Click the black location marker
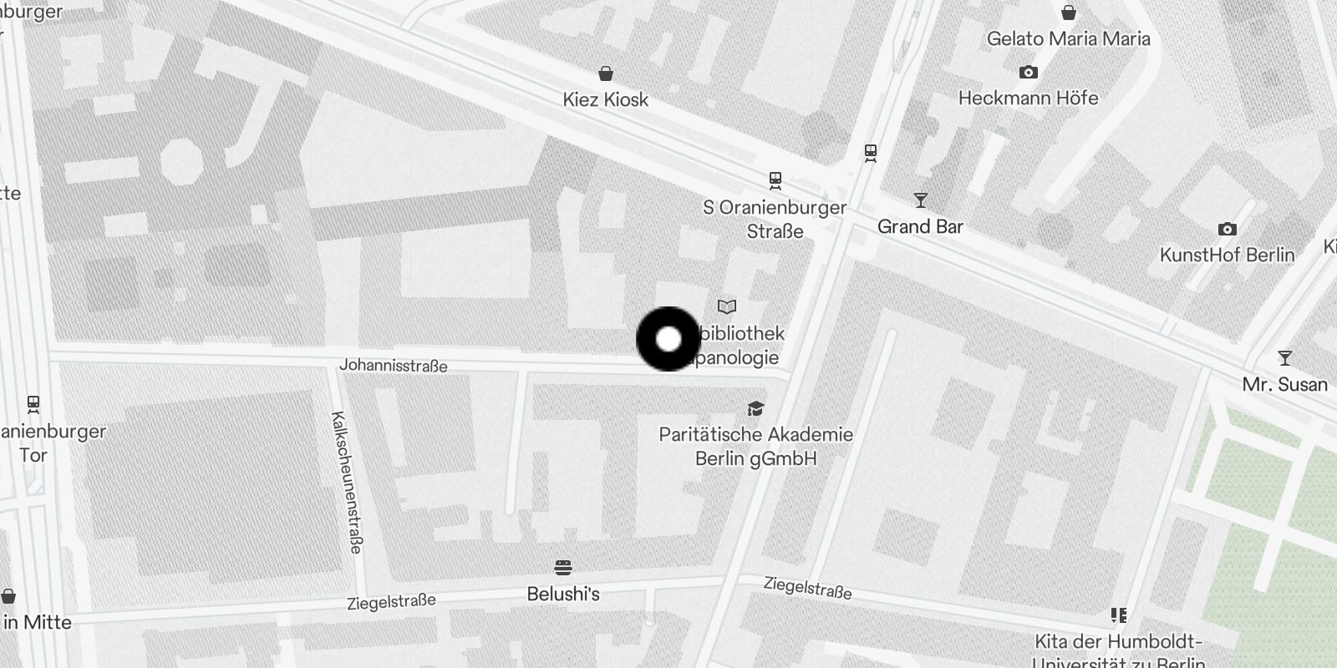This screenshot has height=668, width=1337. (668, 339)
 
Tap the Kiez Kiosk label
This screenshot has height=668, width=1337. (605, 99)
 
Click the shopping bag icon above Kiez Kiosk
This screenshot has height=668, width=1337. (606, 73)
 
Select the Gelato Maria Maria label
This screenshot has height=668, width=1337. (1068, 38)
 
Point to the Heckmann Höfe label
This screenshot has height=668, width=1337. (1028, 98)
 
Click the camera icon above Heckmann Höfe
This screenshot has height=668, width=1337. (1029, 73)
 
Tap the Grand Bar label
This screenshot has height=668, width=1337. (920, 226)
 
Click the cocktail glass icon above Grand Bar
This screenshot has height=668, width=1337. (921, 200)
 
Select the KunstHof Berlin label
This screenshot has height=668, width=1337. (1227, 255)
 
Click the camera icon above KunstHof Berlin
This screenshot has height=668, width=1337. (1227, 229)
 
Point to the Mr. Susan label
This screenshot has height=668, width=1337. (1284, 384)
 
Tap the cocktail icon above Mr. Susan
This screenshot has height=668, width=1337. (1285, 358)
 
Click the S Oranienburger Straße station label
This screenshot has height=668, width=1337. (775, 219)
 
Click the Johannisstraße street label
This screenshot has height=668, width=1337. (394, 366)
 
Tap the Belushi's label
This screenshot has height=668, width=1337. (563, 595)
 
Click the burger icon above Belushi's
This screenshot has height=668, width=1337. (563, 569)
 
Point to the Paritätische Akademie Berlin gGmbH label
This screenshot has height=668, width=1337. (755, 446)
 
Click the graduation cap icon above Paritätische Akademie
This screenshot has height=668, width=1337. (756, 408)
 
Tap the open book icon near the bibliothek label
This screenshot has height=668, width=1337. (727, 307)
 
